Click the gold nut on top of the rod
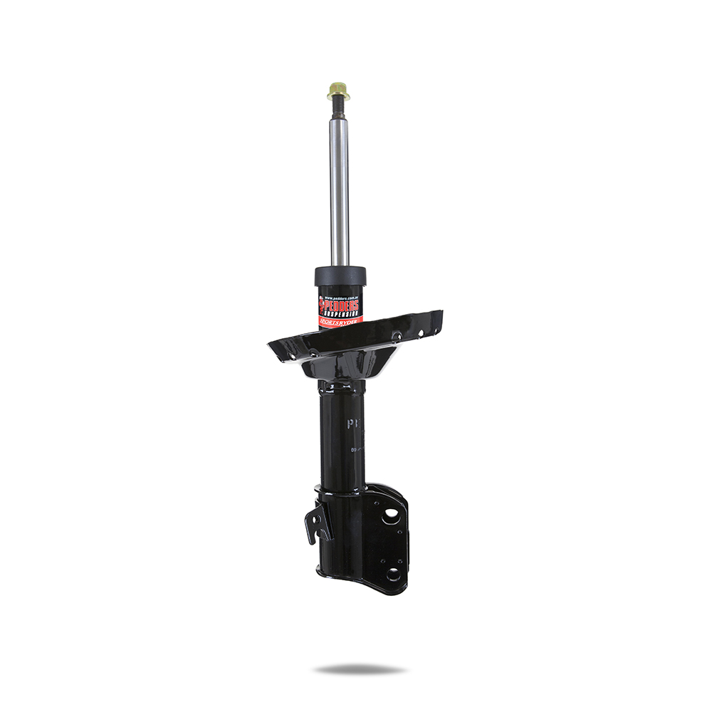pyautogui.click(x=338, y=90)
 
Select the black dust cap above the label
pyautogui.click(x=340, y=276)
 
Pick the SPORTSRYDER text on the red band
pyautogui.click(x=342, y=321)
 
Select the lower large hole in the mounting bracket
pyautogui.click(x=392, y=574)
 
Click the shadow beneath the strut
pyautogui.click(x=360, y=669)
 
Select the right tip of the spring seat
pyautogui.click(x=439, y=315)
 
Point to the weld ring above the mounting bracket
pyautogui.click(x=340, y=489)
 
